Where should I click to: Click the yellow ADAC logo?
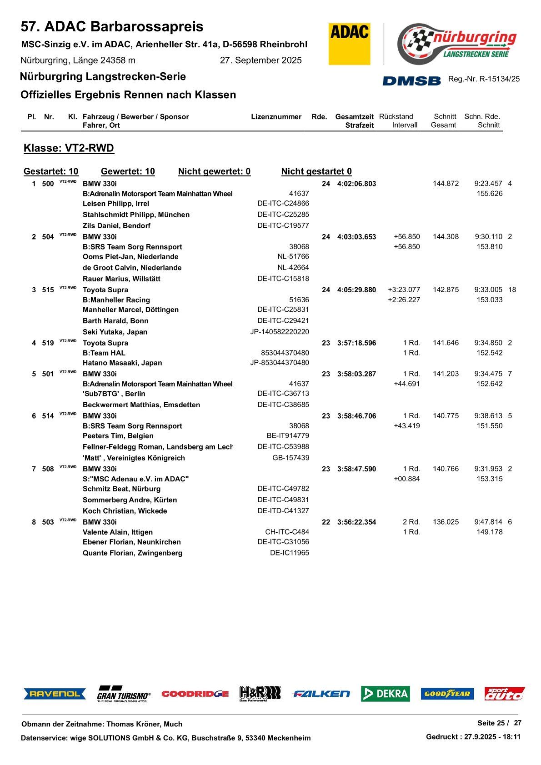[349, 44]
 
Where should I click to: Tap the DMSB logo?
[411, 80]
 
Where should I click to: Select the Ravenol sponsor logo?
[55, 694]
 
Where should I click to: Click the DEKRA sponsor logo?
[385, 694]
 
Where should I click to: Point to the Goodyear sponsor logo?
[447, 694]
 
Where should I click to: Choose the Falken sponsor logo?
[321, 694]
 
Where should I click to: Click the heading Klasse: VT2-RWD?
[69, 148]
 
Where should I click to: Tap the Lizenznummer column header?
[276, 117]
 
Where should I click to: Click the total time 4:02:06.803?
[356, 184]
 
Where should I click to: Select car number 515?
[48, 290]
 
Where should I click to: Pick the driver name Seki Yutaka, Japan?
[115, 332]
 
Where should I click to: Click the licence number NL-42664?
[293, 268]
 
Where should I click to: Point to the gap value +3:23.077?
[404, 290]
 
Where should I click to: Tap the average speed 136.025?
[446, 522]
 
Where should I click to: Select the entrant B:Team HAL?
[104, 353]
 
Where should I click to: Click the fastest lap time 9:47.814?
[488, 522]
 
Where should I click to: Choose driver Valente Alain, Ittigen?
[118, 532]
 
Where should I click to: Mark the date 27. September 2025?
[260, 60]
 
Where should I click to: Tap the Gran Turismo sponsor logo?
[124, 694]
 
